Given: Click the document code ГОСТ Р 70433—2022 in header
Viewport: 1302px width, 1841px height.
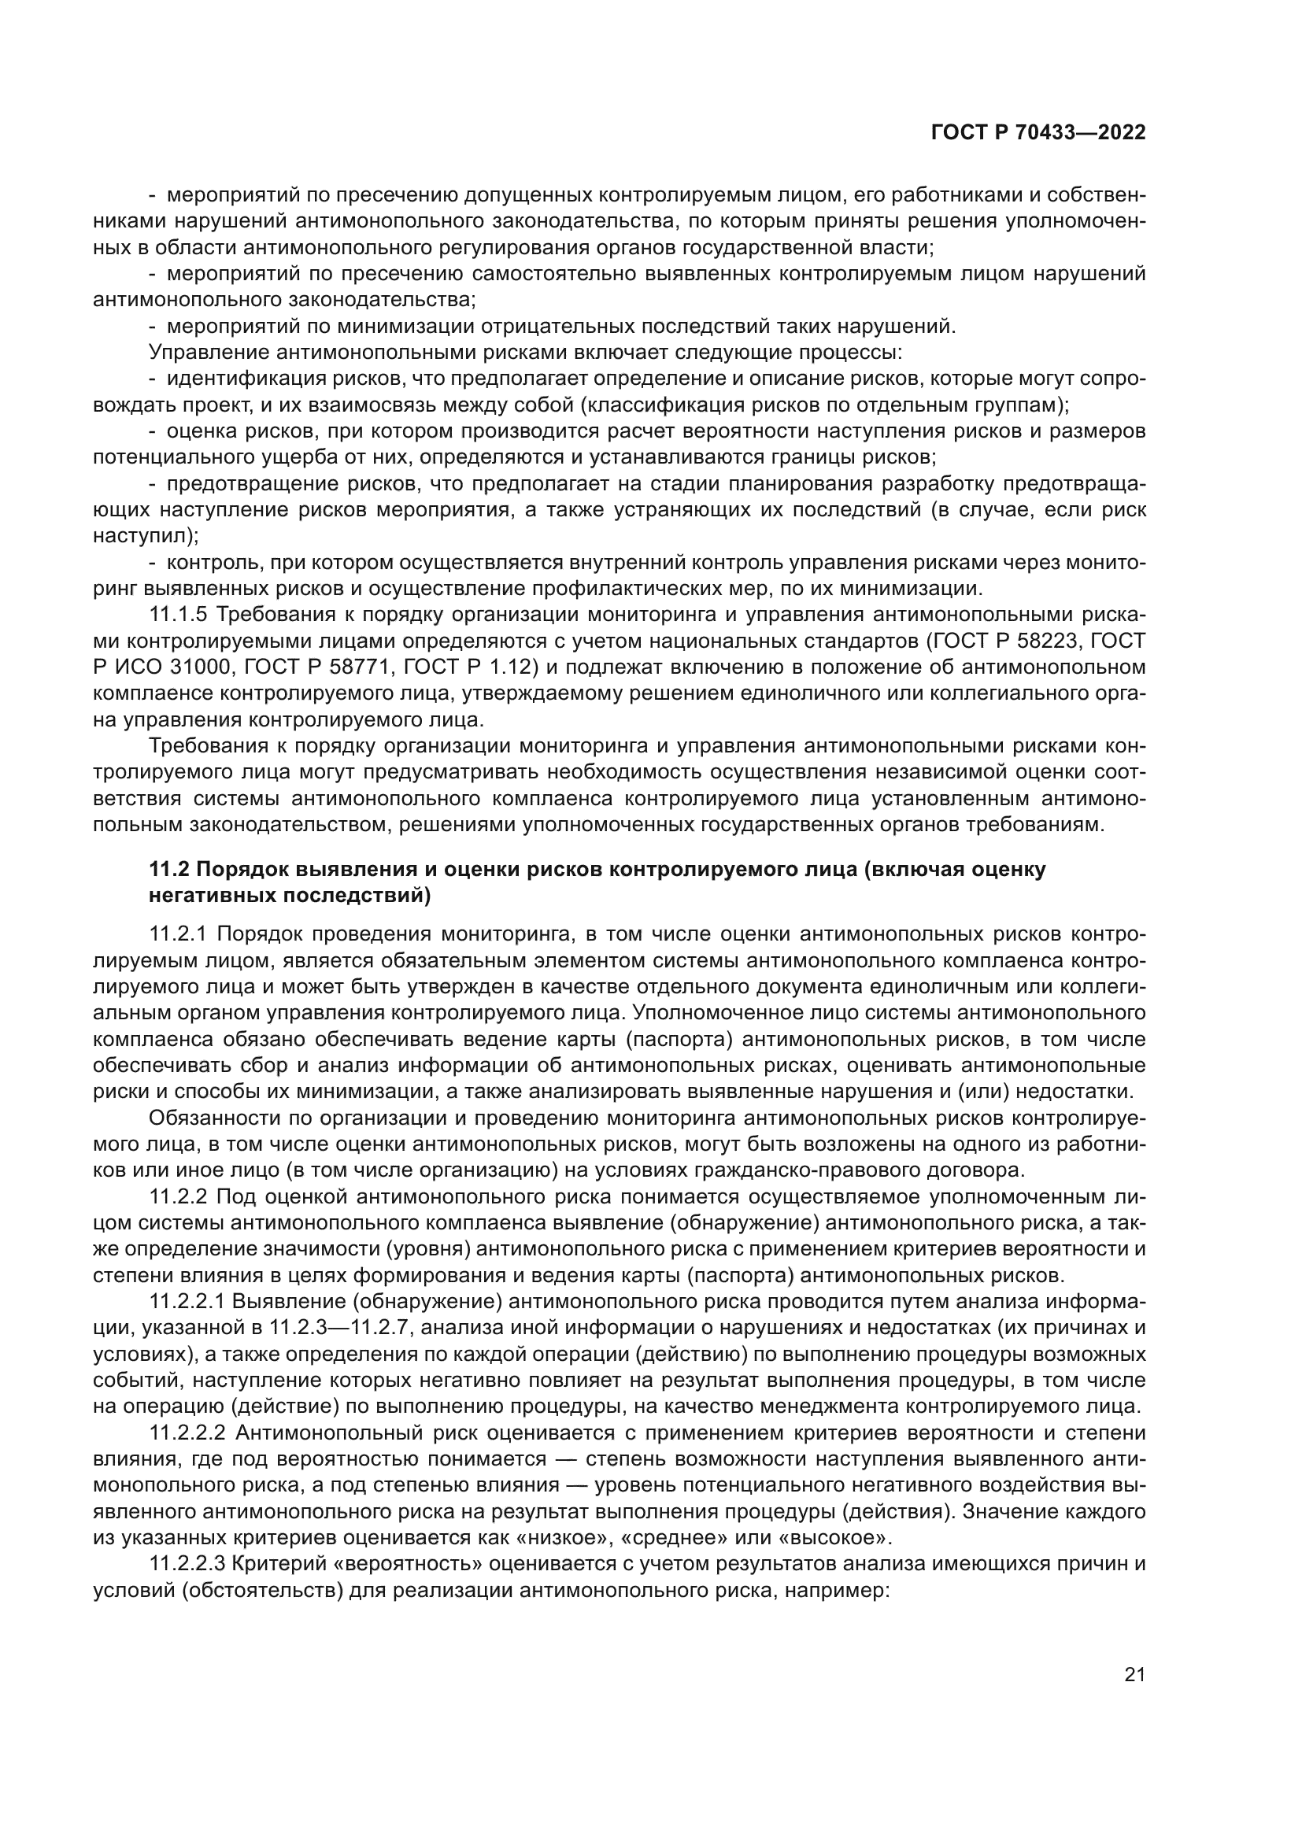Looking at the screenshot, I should (x=1038, y=133).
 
